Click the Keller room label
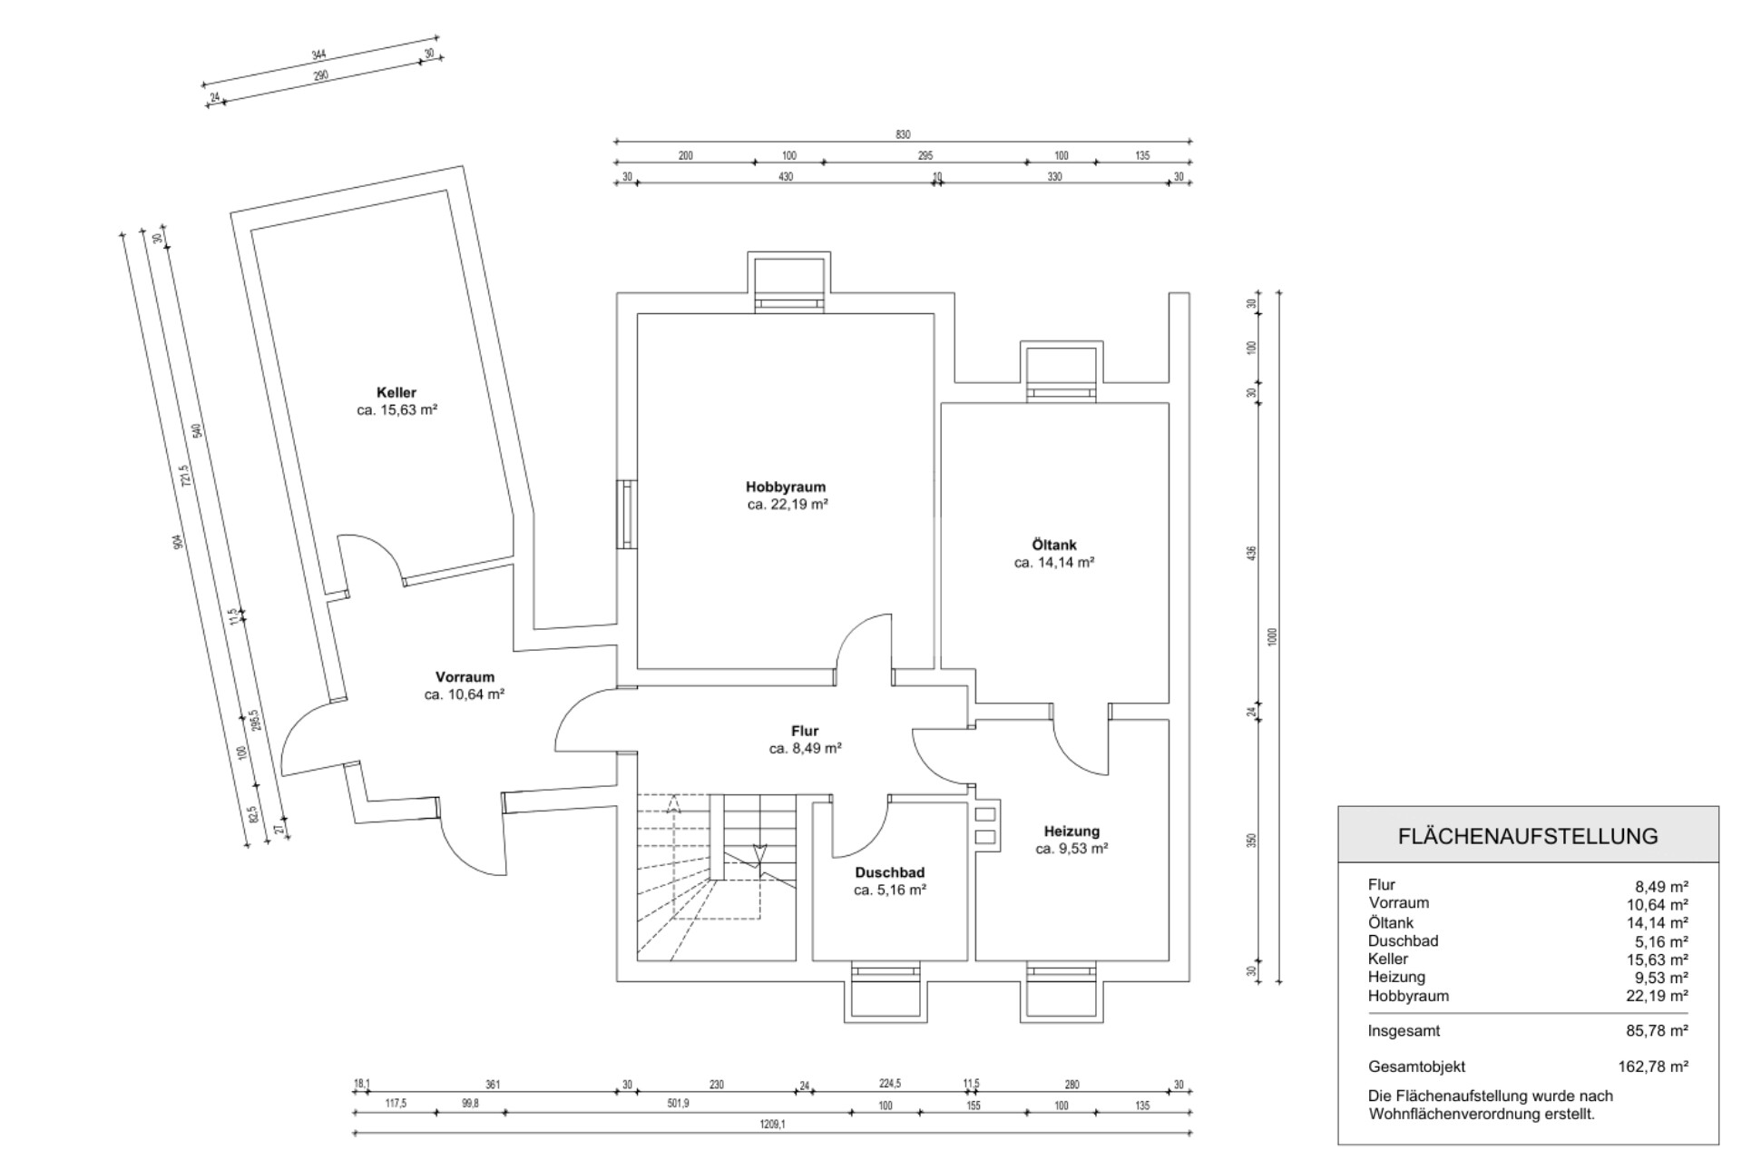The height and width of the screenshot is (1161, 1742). coord(396,393)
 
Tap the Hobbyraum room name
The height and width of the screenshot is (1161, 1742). coord(786,487)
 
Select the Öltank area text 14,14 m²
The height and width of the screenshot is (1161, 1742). coord(1053,563)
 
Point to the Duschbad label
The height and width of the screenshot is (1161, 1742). coord(889,873)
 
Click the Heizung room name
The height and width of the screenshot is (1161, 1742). coord(1072,831)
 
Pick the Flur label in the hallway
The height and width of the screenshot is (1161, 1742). coord(805,732)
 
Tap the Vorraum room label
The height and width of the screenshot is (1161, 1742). coord(465,677)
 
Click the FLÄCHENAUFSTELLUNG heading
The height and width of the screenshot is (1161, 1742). coord(1528,836)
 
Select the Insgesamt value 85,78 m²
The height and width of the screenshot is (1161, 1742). coord(1657,1031)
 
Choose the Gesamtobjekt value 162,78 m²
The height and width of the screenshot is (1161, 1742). coord(1653,1068)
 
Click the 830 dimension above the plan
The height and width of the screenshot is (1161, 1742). coord(903,135)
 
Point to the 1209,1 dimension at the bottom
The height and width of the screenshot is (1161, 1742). coord(772,1125)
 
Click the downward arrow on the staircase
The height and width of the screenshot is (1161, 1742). coord(760,853)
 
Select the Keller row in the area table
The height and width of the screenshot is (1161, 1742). coord(1388,959)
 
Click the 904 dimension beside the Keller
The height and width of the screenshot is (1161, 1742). coord(179,542)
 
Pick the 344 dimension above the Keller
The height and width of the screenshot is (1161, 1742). coord(318,56)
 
